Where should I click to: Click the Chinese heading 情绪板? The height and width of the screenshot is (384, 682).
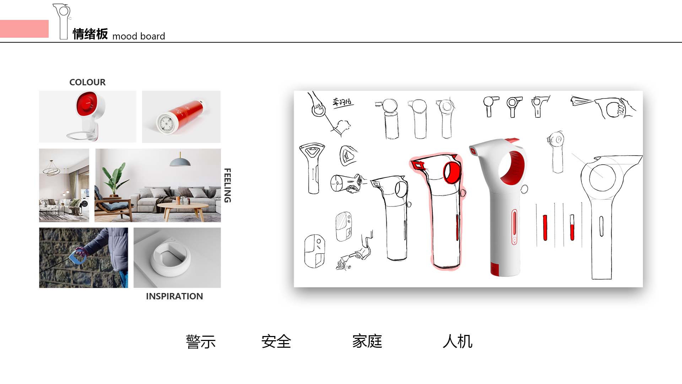tap(90, 34)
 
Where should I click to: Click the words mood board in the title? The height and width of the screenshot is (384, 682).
tap(139, 36)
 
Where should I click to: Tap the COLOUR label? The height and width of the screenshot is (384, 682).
tap(87, 82)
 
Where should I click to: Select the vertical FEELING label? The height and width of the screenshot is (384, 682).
tap(227, 185)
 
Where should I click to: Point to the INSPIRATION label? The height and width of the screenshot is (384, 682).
tap(174, 296)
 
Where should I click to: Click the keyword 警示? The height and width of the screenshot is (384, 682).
tap(201, 342)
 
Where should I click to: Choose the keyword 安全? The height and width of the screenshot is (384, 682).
tap(276, 342)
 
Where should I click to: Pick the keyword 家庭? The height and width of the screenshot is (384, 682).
tap(367, 341)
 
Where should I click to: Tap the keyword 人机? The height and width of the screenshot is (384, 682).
tap(458, 341)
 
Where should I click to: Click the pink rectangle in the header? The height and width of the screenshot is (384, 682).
tap(24, 29)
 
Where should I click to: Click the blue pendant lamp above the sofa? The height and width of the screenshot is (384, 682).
tap(180, 162)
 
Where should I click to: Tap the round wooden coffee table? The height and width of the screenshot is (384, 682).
tap(183, 207)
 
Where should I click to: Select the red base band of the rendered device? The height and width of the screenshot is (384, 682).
tap(495, 268)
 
